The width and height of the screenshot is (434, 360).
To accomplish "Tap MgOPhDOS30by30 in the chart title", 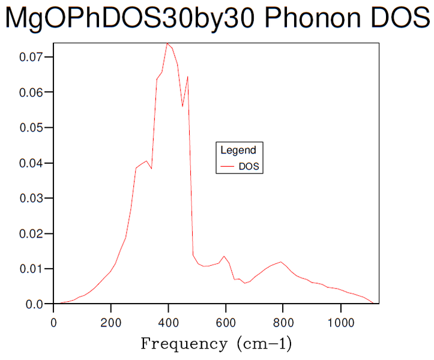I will tap(131, 19).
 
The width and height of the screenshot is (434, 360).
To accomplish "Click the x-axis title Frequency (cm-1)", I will tap(216, 344).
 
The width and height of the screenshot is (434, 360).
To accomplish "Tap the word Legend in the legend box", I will tap(238, 151).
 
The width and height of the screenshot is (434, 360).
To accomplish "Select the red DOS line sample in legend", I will tap(228, 167).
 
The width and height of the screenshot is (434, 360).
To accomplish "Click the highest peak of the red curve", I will tap(167, 43).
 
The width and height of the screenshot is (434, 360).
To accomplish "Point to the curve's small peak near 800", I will tap(280, 262).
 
